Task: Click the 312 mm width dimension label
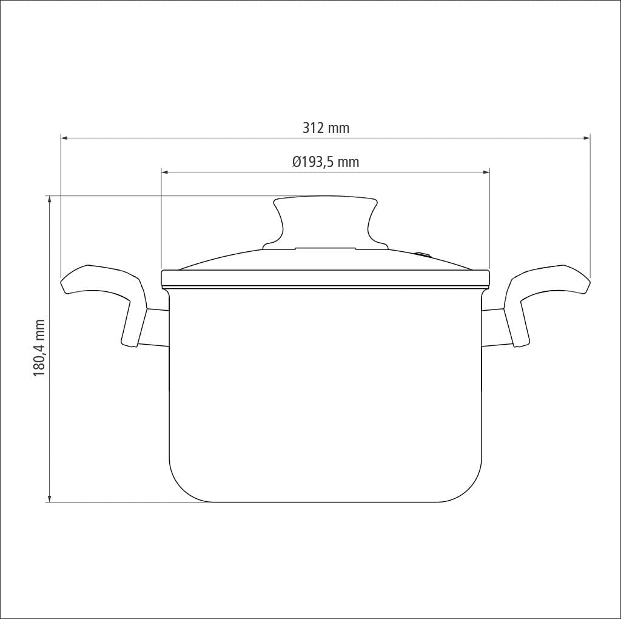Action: pyautogui.click(x=326, y=128)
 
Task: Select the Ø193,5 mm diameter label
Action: pyautogui.click(x=326, y=162)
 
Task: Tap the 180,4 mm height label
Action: pyautogui.click(x=39, y=348)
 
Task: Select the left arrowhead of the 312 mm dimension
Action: pyautogui.click(x=64, y=138)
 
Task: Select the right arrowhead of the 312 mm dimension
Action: pyautogui.click(x=587, y=138)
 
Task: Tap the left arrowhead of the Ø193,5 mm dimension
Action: pyautogui.click(x=165, y=172)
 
